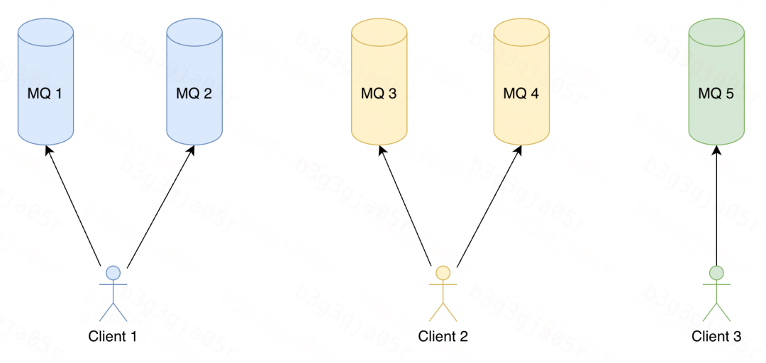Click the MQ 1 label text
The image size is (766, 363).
coord(45,93)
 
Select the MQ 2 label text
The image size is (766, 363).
coord(194,93)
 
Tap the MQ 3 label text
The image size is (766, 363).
coord(379,93)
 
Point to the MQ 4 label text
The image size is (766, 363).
coord(521,93)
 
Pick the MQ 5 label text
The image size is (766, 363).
coord(716,93)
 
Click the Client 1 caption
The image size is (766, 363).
coord(112,336)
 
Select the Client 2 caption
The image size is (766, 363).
coord(443,336)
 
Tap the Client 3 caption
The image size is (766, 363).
coord(716,336)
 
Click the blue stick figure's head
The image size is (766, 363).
coord(112,272)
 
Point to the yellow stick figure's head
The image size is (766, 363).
coord(443,272)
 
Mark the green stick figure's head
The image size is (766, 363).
coord(716,272)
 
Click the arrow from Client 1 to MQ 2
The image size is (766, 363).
coord(160,206)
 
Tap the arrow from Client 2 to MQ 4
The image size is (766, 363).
coord(489,206)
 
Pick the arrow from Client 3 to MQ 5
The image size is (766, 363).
coord(716,206)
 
